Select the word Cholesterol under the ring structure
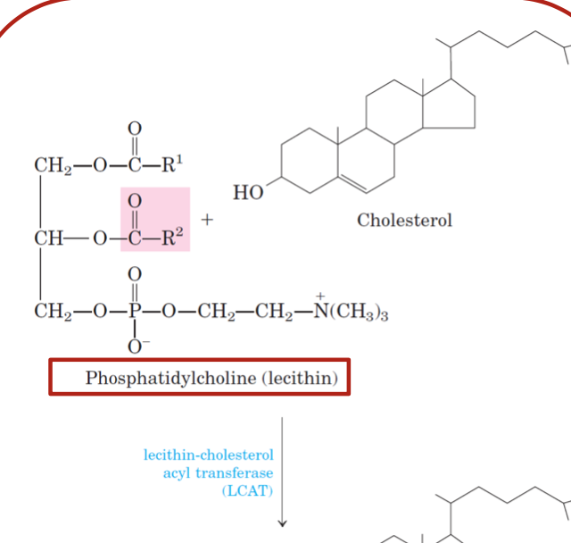[x=404, y=220]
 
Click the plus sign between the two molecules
[x=207, y=218]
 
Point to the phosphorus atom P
[x=135, y=313]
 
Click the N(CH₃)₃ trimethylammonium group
[x=352, y=313]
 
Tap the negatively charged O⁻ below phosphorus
[x=136, y=345]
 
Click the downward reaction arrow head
[x=282, y=523]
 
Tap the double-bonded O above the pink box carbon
[x=135, y=201]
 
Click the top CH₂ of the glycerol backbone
[x=48, y=164]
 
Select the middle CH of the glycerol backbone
[x=46, y=238]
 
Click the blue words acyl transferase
[x=218, y=472]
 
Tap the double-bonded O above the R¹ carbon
[x=135, y=129]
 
